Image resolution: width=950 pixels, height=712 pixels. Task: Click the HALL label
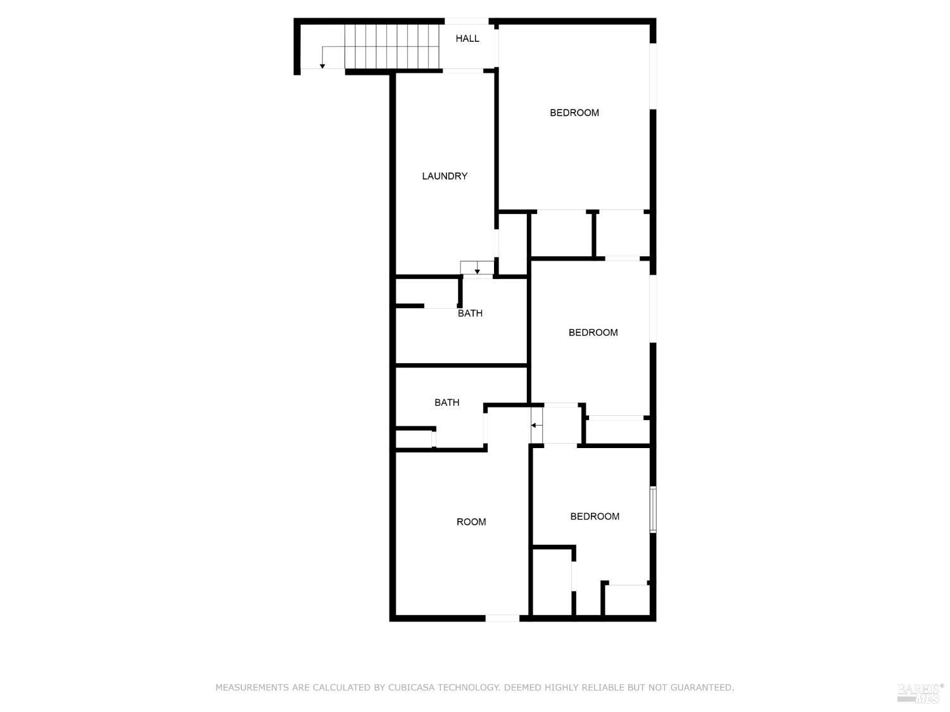pos(467,39)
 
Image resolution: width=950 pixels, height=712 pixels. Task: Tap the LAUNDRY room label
pos(445,176)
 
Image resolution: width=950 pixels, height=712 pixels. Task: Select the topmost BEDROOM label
pos(574,113)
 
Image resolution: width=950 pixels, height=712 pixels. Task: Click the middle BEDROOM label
pos(593,332)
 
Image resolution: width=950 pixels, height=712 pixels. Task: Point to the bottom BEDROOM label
pos(595,516)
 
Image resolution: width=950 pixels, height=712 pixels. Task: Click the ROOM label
pos(471,522)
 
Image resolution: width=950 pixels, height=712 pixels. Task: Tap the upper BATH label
pos(470,313)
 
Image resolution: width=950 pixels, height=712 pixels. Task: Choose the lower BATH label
pos(446,403)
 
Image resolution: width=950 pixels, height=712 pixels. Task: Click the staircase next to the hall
pos(392,46)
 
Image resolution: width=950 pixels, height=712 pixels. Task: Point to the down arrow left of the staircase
pos(322,65)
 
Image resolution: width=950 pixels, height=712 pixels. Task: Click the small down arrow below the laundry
pos(477,272)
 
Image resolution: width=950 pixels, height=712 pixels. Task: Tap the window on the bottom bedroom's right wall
pos(653,509)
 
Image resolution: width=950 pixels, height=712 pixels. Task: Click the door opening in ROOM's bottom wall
pos(502,618)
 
